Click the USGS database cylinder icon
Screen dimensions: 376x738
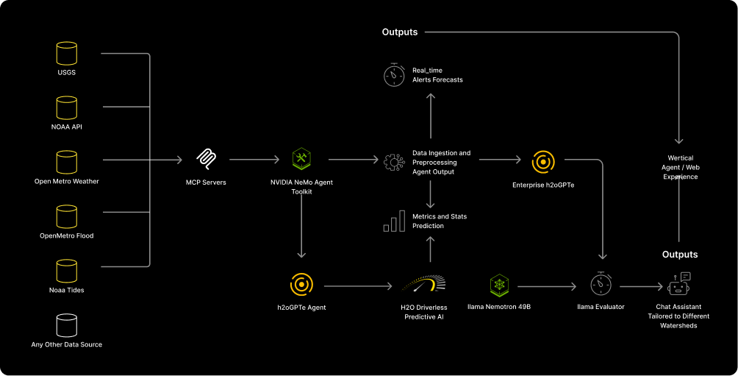pos(67,54)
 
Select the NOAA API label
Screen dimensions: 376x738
pos(67,127)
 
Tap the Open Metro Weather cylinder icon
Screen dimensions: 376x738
pos(67,162)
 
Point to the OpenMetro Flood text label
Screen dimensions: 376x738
pos(67,235)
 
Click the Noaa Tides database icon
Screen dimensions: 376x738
pos(67,271)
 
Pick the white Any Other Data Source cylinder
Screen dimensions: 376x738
pos(67,325)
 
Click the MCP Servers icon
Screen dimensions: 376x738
pos(206,159)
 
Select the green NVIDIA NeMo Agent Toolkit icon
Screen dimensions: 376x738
pos(301,159)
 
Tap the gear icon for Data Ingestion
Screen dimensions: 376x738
pos(394,162)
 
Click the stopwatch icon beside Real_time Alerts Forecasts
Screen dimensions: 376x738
pos(394,74)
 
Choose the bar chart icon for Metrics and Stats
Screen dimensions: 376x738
pos(394,221)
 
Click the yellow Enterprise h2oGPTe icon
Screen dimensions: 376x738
pos(543,161)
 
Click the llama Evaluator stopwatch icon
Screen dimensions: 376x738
pos(601,285)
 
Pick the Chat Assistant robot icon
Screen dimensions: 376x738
pos(679,284)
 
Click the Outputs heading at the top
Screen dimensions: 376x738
pos(400,32)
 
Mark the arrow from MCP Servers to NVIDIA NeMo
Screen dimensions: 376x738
pos(254,159)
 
